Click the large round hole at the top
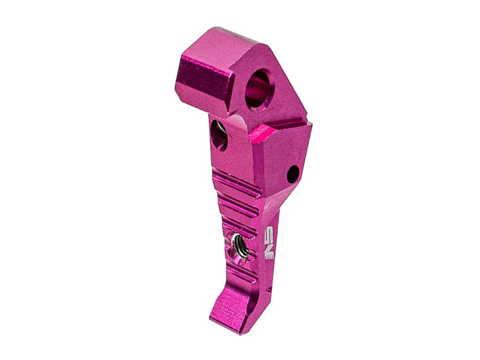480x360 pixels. [x=260, y=87]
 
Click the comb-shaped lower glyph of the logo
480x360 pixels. [x=269, y=252]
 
